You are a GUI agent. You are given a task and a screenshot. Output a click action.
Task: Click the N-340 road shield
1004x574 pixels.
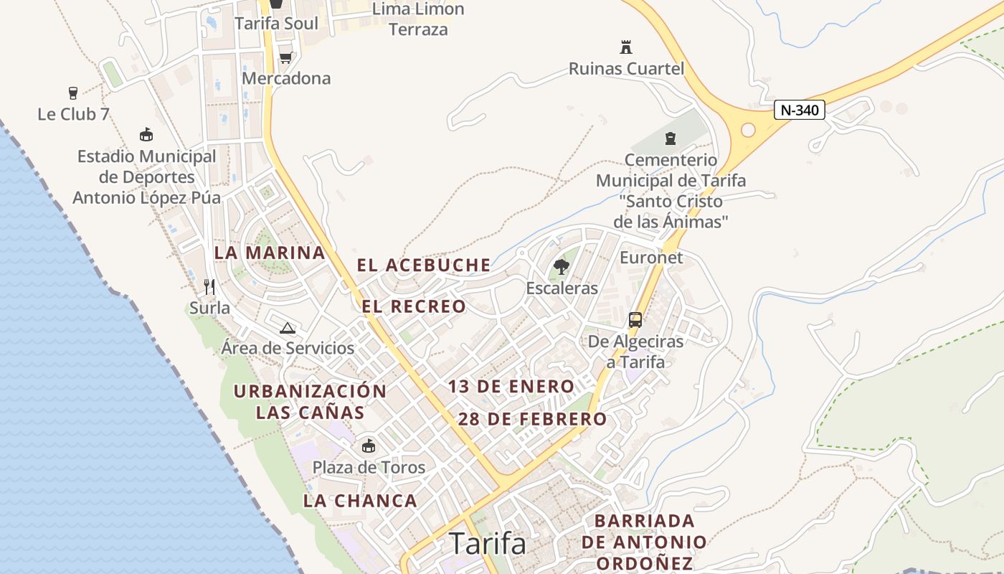point(800,110)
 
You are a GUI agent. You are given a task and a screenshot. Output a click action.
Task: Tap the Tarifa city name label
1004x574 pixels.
point(488,544)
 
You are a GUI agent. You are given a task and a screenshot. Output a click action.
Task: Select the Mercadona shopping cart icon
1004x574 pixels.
point(285,57)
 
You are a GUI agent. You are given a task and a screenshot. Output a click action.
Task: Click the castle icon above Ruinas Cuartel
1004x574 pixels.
point(626,47)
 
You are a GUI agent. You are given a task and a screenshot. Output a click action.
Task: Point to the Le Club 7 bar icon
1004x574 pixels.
point(72,93)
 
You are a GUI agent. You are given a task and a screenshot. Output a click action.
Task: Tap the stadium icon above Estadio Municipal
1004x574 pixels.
point(146,134)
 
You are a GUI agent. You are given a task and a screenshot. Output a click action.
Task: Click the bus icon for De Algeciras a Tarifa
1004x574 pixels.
point(635,319)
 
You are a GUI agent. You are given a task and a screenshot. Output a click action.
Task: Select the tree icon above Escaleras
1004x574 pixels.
point(562,267)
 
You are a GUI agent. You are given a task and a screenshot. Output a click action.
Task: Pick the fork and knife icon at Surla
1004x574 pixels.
point(209,287)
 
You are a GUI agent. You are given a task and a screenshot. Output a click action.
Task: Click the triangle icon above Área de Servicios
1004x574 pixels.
point(288,328)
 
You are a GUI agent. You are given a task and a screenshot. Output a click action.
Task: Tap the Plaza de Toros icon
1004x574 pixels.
point(369,446)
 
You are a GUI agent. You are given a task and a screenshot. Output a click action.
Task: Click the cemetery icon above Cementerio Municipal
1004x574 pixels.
point(671,138)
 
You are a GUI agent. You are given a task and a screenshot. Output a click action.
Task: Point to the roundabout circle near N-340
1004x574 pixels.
point(748,130)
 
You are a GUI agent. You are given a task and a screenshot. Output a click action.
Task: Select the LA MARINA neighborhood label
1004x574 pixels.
point(270,253)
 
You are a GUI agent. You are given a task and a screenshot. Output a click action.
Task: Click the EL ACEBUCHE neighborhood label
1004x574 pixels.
point(424,265)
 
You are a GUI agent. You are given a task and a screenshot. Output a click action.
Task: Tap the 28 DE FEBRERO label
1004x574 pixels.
point(532,419)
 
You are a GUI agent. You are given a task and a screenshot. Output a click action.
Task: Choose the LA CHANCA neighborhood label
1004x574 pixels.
point(360,501)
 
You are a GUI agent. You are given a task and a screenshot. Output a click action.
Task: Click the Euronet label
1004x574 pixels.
point(651,258)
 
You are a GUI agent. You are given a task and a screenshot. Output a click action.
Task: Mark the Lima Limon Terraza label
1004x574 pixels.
point(418,19)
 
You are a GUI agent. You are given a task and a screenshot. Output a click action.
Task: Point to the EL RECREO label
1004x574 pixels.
point(414,307)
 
